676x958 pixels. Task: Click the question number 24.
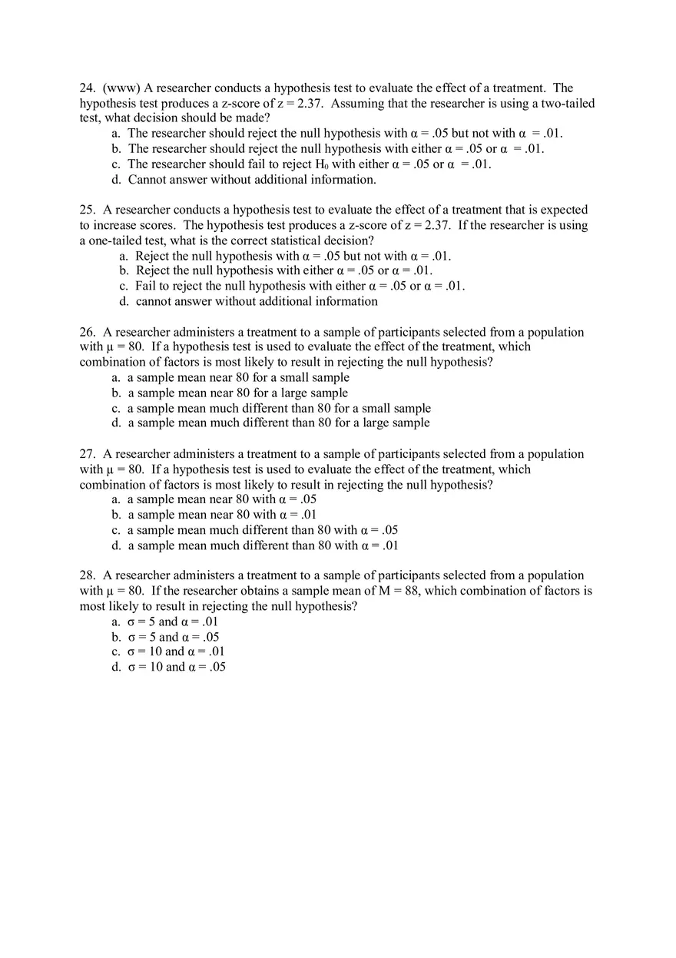pos(87,88)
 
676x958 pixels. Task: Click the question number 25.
pos(87,210)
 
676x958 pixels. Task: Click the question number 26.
pos(87,332)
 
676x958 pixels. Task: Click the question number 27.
pos(87,454)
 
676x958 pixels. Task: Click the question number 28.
pos(87,575)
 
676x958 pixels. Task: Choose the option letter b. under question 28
pos(116,637)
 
